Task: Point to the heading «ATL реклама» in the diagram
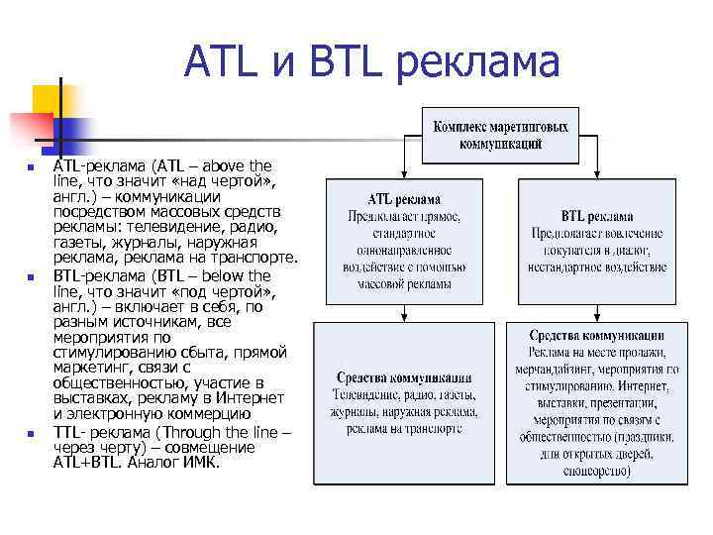(404, 198)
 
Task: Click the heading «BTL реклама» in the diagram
(597, 216)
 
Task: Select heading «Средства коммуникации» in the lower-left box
(403, 377)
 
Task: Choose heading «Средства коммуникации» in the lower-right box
(596, 336)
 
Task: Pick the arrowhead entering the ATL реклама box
(404, 173)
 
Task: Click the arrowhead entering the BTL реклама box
(597, 173)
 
